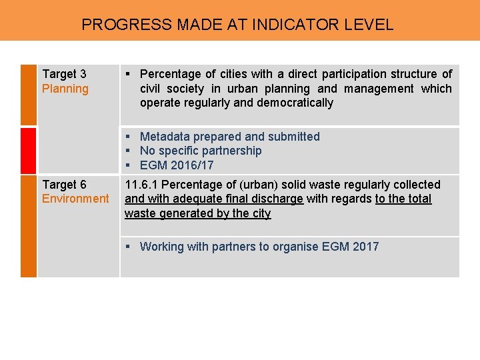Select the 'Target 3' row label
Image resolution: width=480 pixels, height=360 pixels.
tap(64, 74)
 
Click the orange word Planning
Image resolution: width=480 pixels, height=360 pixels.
tap(65, 89)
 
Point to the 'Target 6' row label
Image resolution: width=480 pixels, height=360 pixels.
tap(64, 184)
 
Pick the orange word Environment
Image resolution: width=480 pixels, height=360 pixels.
tap(75, 199)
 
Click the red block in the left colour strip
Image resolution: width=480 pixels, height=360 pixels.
tap(29, 151)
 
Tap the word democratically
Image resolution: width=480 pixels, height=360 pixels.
tap(293, 103)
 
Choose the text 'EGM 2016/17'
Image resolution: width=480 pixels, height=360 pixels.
tap(177, 165)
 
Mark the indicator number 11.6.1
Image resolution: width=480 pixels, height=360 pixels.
tap(141, 184)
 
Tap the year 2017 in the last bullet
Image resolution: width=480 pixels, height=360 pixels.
tap(365, 247)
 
